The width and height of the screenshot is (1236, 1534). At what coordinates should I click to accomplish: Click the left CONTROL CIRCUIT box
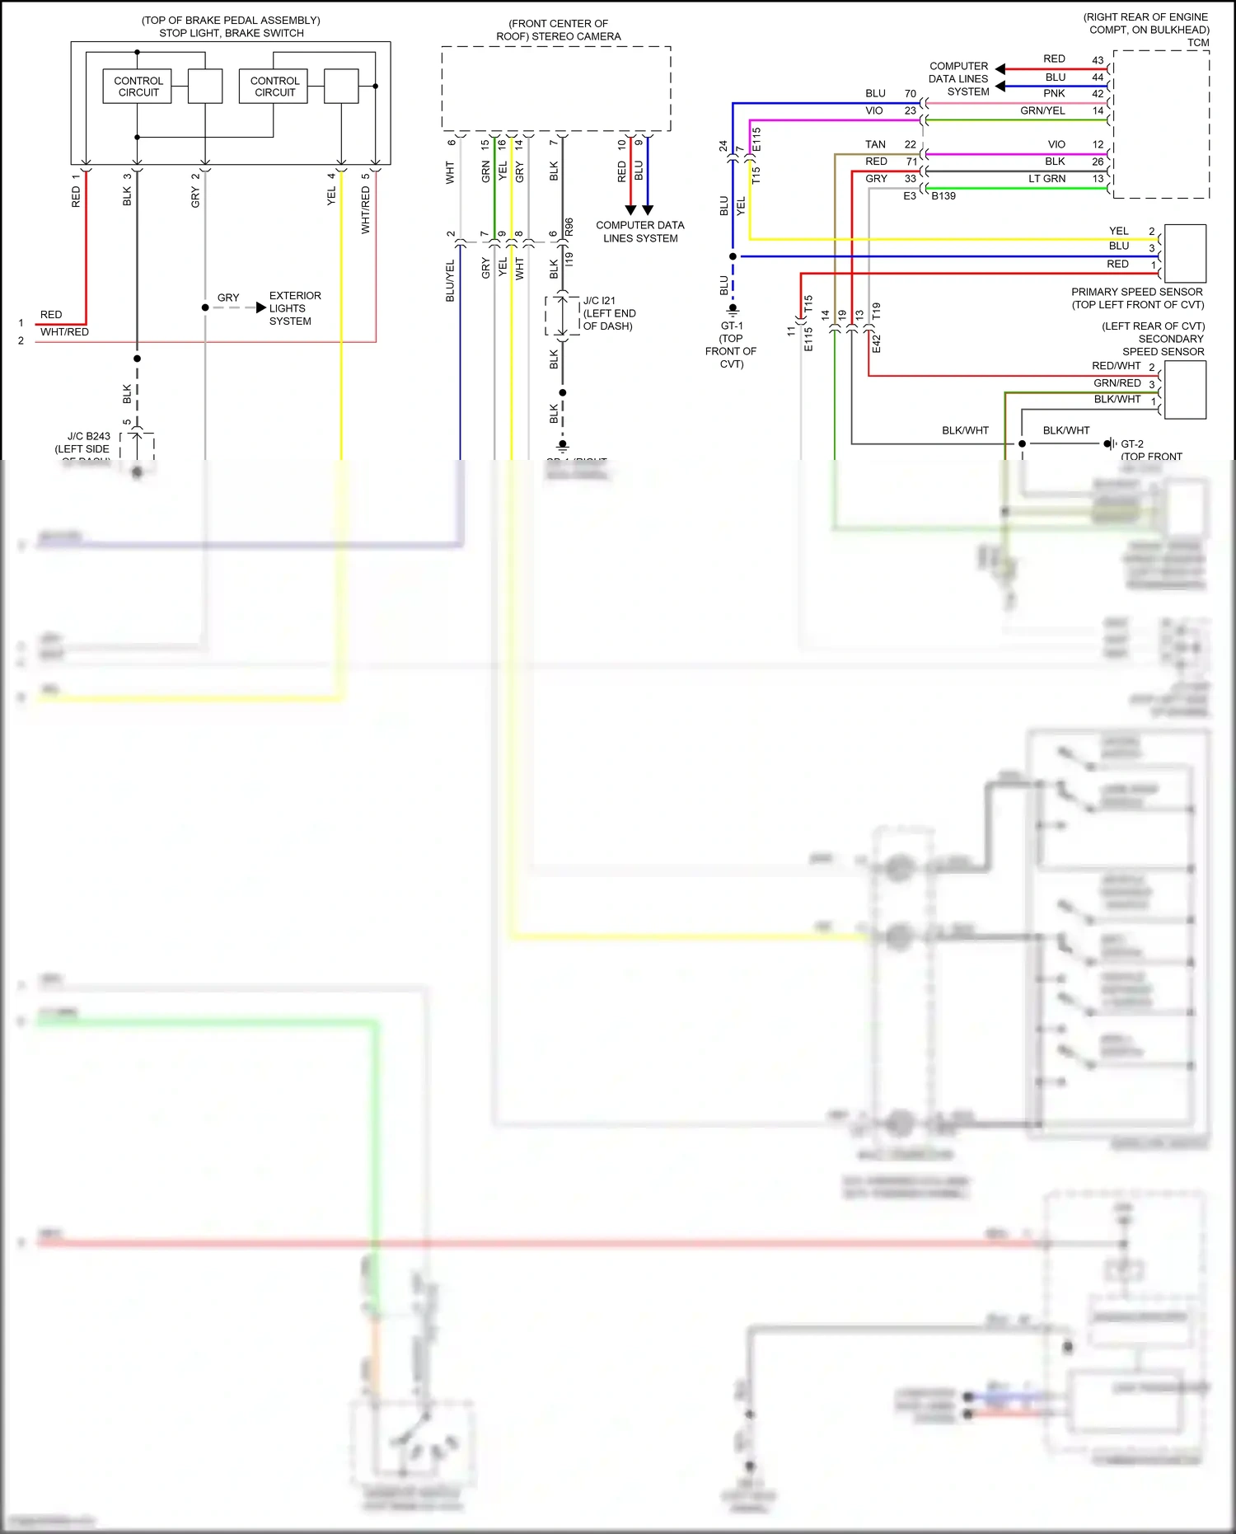tap(138, 87)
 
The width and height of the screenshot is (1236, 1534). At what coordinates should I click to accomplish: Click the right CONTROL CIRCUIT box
tap(274, 87)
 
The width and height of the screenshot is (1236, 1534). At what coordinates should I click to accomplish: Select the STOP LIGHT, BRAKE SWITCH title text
tap(231, 33)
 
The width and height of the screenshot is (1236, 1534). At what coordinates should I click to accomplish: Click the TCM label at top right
tap(1198, 43)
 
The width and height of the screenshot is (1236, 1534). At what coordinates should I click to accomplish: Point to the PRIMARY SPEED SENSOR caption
tap(1136, 292)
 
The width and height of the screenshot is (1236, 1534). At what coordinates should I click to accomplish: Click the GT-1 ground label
tap(731, 326)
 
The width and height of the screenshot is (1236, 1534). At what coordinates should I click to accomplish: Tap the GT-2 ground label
tap(1132, 443)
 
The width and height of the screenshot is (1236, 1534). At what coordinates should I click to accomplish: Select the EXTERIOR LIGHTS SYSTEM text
tap(294, 308)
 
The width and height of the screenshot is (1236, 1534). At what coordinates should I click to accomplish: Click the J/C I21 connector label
tap(599, 301)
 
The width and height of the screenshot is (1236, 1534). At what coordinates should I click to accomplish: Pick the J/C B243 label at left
tap(88, 437)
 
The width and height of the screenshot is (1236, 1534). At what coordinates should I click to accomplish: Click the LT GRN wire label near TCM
tap(1046, 179)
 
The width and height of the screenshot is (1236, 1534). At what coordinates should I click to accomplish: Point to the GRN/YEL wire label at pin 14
tap(1042, 110)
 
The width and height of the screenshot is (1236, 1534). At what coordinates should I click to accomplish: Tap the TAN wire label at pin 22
tap(875, 144)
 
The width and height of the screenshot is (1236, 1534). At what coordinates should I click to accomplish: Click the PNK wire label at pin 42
tap(1054, 93)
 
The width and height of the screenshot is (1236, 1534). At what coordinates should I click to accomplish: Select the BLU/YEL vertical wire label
tap(450, 280)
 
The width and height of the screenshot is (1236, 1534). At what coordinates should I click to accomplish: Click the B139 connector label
tap(943, 196)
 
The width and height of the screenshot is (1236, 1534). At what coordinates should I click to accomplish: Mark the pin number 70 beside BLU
tap(910, 94)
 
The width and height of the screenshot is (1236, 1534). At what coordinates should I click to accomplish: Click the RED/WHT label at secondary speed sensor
tap(1116, 366)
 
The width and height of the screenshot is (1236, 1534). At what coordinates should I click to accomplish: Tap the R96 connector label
tap(569, 227)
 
